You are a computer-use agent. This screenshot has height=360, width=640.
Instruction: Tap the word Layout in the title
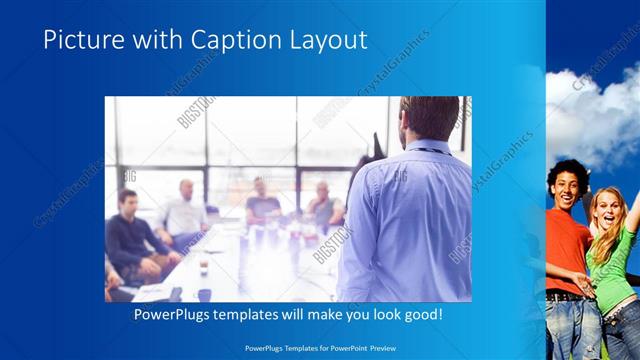(x=331, y=40)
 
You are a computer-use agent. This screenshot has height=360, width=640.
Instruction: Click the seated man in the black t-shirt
(x=263, y=204)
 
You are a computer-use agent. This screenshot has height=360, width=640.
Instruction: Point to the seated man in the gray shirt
(x=324, y=205)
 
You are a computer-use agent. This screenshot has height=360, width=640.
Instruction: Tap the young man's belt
(x=564, y=296)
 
